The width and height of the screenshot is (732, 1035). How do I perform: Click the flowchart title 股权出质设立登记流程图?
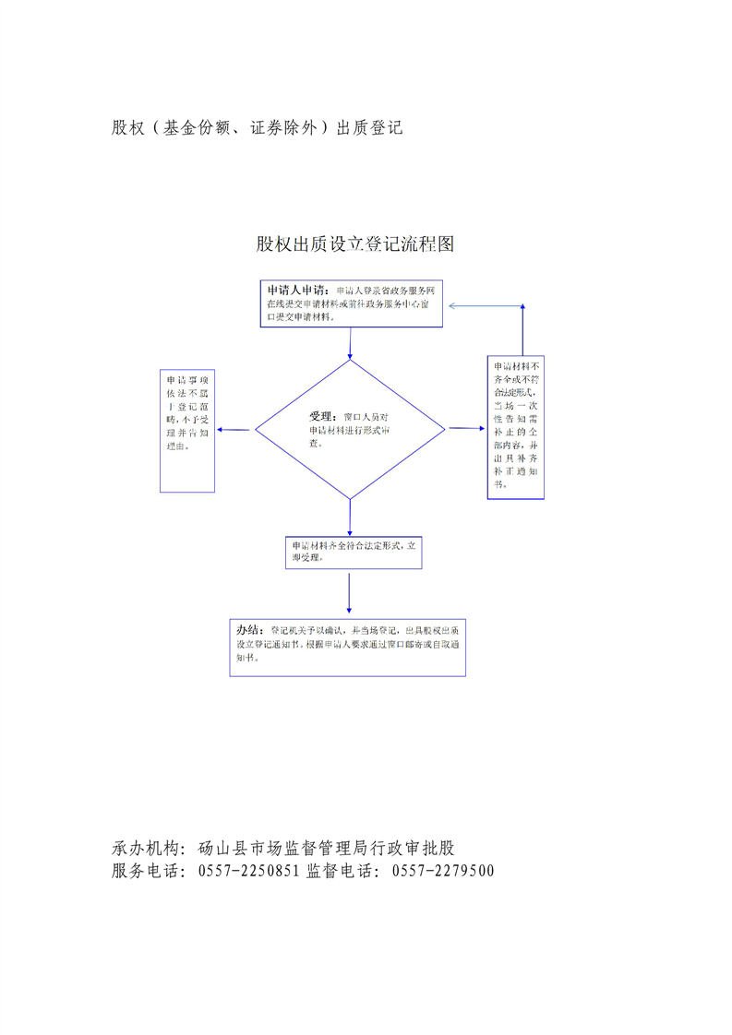[355, 244]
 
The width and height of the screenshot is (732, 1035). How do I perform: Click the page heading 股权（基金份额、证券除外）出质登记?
[258, 128]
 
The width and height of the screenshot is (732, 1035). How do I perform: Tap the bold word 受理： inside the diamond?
[324, 417]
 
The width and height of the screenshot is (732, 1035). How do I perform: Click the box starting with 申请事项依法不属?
[187, 431]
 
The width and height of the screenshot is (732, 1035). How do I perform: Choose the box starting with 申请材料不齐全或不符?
[515, 428]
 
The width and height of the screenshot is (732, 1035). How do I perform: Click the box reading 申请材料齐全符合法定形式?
[354, 552]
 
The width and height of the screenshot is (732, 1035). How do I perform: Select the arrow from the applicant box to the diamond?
[350, 342]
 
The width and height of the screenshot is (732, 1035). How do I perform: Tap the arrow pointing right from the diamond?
[466, 429]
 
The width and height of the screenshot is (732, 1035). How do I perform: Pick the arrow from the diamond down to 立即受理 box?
[350, 517]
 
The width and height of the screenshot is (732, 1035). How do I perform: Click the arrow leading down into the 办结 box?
[349, 593]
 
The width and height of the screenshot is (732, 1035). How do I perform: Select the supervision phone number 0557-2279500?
[443, 870]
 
